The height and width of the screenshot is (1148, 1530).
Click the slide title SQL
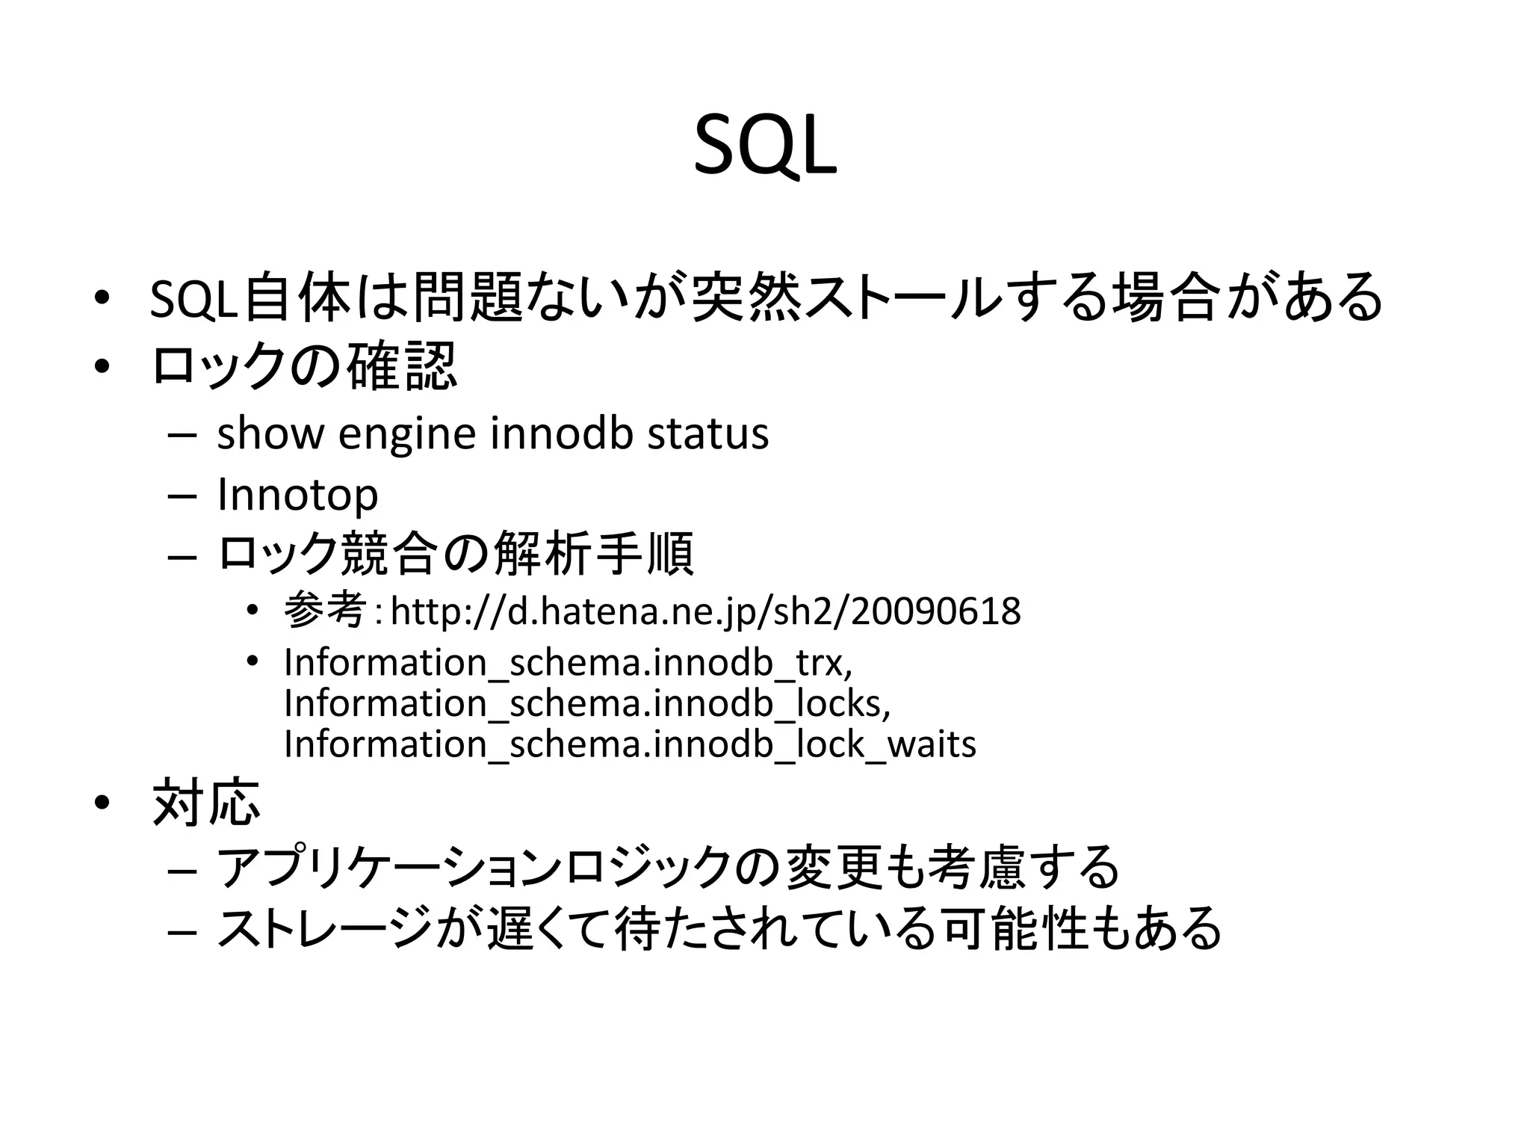(x=765, y=148)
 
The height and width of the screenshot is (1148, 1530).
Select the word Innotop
(x=297, y=495)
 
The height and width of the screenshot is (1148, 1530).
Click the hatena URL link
(x=705, y=611)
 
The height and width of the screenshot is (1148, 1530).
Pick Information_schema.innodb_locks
(x=587, y=703)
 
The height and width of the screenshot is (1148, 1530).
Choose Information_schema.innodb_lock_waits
(x=630, y=744)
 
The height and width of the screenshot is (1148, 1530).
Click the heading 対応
(x=206, y=803)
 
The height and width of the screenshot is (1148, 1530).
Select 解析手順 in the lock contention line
(x=593, y=555)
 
